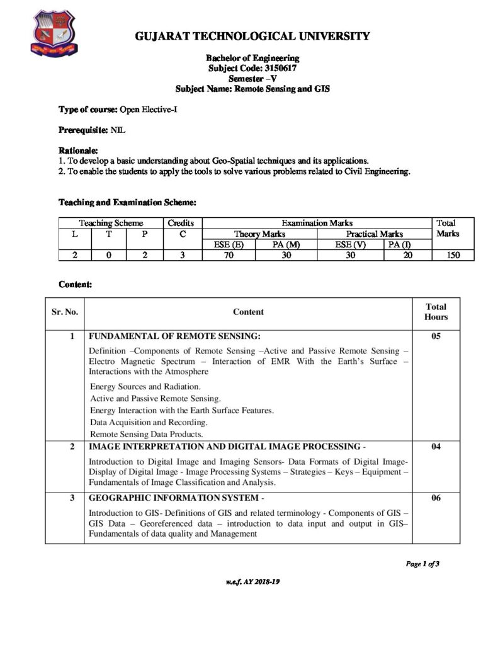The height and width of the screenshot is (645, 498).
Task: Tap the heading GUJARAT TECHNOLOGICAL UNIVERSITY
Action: tap(252, 37)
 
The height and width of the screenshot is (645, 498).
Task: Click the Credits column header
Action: tap(181, 223)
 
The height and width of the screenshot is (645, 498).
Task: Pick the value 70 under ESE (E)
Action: tap(229, 255)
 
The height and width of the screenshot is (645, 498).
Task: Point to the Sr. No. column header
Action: tap(65, 312)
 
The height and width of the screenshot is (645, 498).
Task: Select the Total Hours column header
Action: tap(436, 312)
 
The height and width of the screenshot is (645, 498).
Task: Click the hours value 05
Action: tap(436, 336)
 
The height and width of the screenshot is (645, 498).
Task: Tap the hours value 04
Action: tap(436, 447)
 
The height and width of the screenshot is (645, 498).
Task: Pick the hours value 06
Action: tap(436, 498)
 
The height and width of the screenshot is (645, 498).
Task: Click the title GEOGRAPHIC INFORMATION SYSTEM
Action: tap(169, 498)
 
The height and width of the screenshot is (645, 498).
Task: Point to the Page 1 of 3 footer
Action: tap(422, 564)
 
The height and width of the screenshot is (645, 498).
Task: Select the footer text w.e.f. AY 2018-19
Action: tap(252, 582)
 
